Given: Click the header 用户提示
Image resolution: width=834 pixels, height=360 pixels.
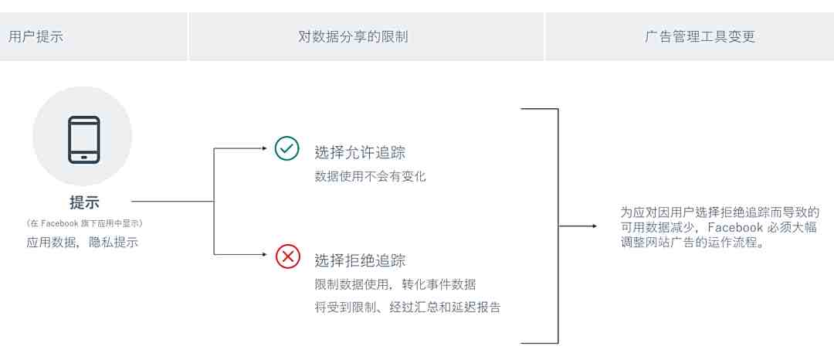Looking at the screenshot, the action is click(36, 36).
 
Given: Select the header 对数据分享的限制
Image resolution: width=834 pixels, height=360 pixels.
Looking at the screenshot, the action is click(353, 36).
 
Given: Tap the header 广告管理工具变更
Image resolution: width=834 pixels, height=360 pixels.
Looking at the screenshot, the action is click(700, 36).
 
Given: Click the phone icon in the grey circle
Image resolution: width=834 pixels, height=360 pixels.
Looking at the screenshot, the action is click(83, 140).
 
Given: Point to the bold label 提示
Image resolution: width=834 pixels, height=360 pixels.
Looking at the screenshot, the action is click(84, 202).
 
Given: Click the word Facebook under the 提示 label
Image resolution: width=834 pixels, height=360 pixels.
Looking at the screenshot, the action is click(59, 224).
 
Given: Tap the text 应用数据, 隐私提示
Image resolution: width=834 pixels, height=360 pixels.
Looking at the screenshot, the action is click(83, 242).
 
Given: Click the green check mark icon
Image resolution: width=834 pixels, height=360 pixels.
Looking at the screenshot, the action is click(287, 149).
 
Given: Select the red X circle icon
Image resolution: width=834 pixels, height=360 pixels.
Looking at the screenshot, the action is click(288, 256).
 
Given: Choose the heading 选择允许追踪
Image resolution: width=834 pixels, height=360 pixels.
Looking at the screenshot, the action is click(360, 153).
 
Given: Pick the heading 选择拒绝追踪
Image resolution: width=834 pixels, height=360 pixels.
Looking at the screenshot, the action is click(360, 260).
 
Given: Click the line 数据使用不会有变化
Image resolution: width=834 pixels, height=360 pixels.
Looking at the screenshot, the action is click(370, 177).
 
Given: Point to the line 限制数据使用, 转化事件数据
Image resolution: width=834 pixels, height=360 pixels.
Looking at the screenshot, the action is click(395, 284).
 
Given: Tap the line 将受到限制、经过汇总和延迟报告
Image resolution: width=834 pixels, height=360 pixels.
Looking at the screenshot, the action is click(408, 307).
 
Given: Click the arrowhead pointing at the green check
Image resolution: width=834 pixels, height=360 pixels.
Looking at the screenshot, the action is click(264, 149).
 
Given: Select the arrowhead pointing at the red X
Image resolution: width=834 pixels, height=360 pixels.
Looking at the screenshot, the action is click(264, 255).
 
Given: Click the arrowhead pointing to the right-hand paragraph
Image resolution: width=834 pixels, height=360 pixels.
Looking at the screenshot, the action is click(594, 226).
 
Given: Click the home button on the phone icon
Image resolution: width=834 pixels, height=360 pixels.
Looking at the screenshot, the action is click(83, 157).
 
